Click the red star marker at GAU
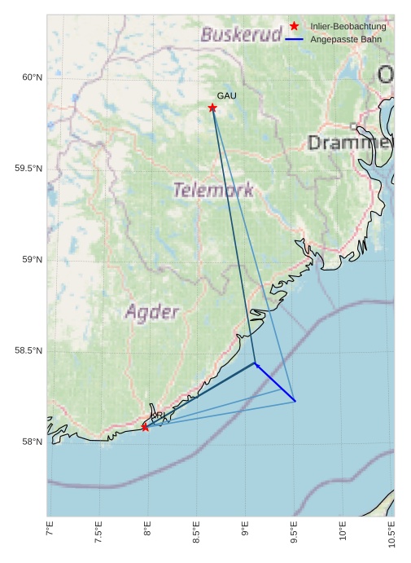[212, 108]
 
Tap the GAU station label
[226, 96]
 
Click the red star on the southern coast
[145, 427]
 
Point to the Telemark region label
[213, 191]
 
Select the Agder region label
[151, 312]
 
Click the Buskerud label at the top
[241, 35]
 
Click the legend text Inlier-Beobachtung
[348, 26]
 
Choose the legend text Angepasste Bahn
[346, 39]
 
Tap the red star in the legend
[295, 26]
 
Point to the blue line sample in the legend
[295, 39]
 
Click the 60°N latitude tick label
[31, 77]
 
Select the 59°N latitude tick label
[31, 260]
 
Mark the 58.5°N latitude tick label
[28, 351]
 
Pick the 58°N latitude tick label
[31, 442]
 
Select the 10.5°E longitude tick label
[391, 533]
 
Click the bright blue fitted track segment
[275, 382]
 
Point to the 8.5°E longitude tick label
[196, 533]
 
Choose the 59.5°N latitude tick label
[28, 169]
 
